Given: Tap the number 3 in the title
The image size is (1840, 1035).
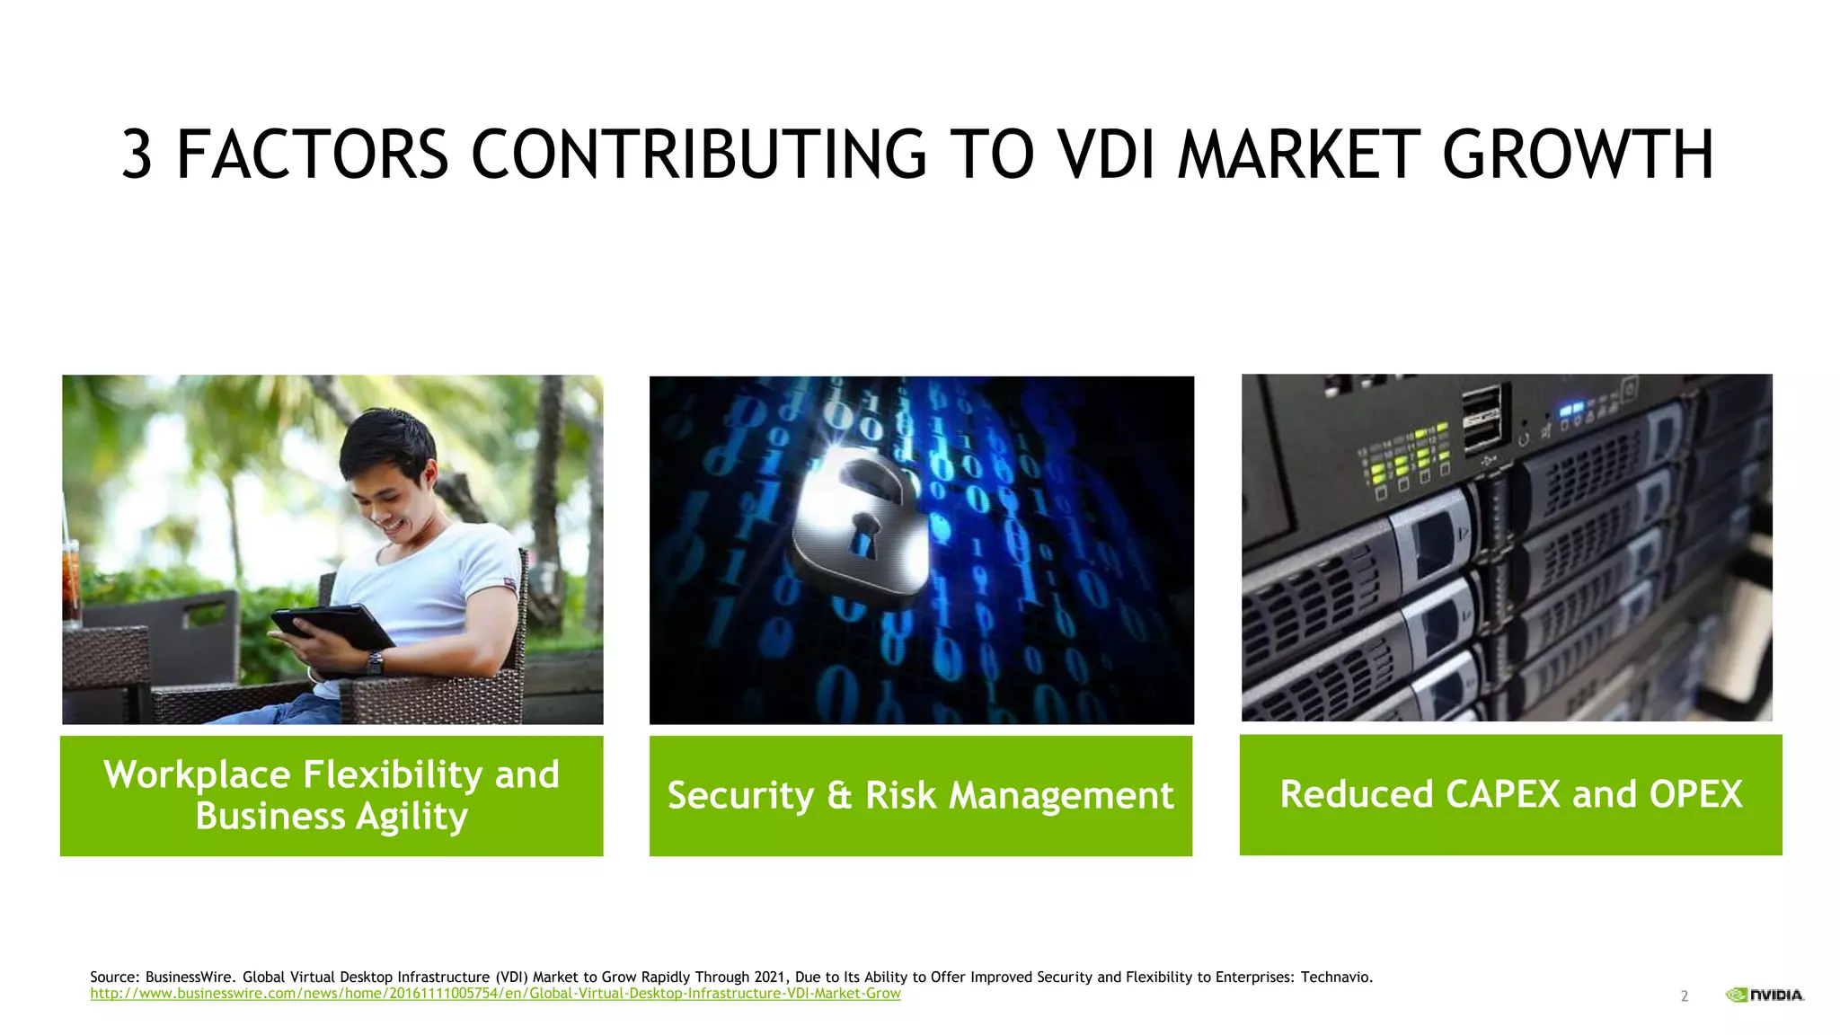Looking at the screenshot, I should pyautogui.click(x=137, y=155).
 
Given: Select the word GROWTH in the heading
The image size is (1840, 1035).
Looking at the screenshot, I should pyautogui.click(x=1578, y=155).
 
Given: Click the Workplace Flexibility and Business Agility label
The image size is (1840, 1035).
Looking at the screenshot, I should pyautogui.click(x=332, y=795).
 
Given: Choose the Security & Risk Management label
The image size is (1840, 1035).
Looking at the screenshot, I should pyautogui.click(x=920, y=795).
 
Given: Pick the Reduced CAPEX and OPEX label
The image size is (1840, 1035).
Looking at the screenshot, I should pyautogui.click(x=1510, y=794).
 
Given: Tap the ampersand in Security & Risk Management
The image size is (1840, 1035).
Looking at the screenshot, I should pyautogui.click(x=839, y=795).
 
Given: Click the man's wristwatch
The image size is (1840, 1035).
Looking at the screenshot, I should pyautogui.click(x=375, y=663).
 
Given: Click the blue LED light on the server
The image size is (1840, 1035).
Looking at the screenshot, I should pyautogui.click(x=1571, y=411).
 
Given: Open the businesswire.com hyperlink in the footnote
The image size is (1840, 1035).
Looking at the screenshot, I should pyautogui.click(x=495, y=994).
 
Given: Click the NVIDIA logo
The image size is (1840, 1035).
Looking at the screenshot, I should pyautogui.click(x=1765, y=995).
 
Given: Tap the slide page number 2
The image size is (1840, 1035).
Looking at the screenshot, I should pyautogui.click(x=1685, y=995).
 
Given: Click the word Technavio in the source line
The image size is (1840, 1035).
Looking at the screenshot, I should pyautogui.click(x=1336, y=977).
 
